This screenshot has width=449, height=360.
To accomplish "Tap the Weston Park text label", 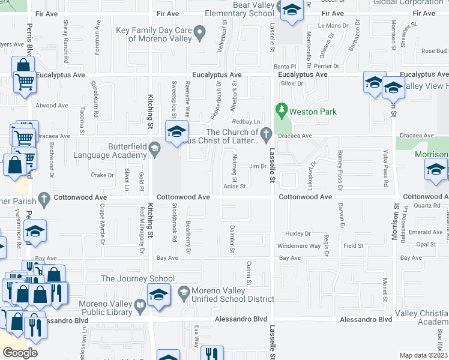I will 313,112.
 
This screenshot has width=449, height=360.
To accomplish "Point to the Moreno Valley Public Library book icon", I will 139,308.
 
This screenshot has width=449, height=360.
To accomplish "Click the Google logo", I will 20,352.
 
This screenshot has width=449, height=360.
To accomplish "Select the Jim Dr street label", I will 258,166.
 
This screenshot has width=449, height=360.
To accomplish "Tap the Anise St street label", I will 234,187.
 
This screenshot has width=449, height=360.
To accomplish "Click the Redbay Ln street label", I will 251,121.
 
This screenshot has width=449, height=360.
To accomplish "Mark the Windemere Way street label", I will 298,246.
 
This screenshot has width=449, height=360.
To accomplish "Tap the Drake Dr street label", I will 101,175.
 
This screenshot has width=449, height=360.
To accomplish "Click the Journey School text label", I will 137,278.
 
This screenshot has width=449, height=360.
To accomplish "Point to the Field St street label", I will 353,246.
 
